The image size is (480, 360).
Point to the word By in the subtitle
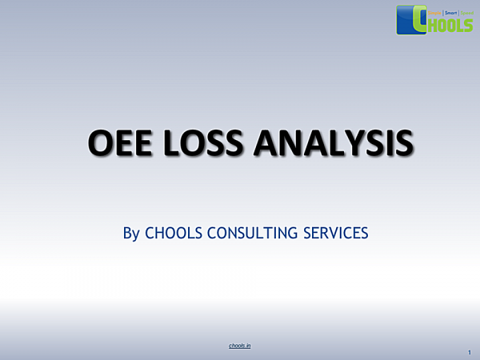[131, 234]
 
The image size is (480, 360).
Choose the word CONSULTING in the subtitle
[252, 234]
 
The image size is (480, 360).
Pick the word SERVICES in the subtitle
[334, 234]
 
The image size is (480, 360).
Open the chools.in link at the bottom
[240, 346]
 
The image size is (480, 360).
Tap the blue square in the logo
[406, 20]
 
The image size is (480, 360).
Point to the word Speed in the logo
[466, 13]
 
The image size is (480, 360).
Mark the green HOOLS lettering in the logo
[452, 25]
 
